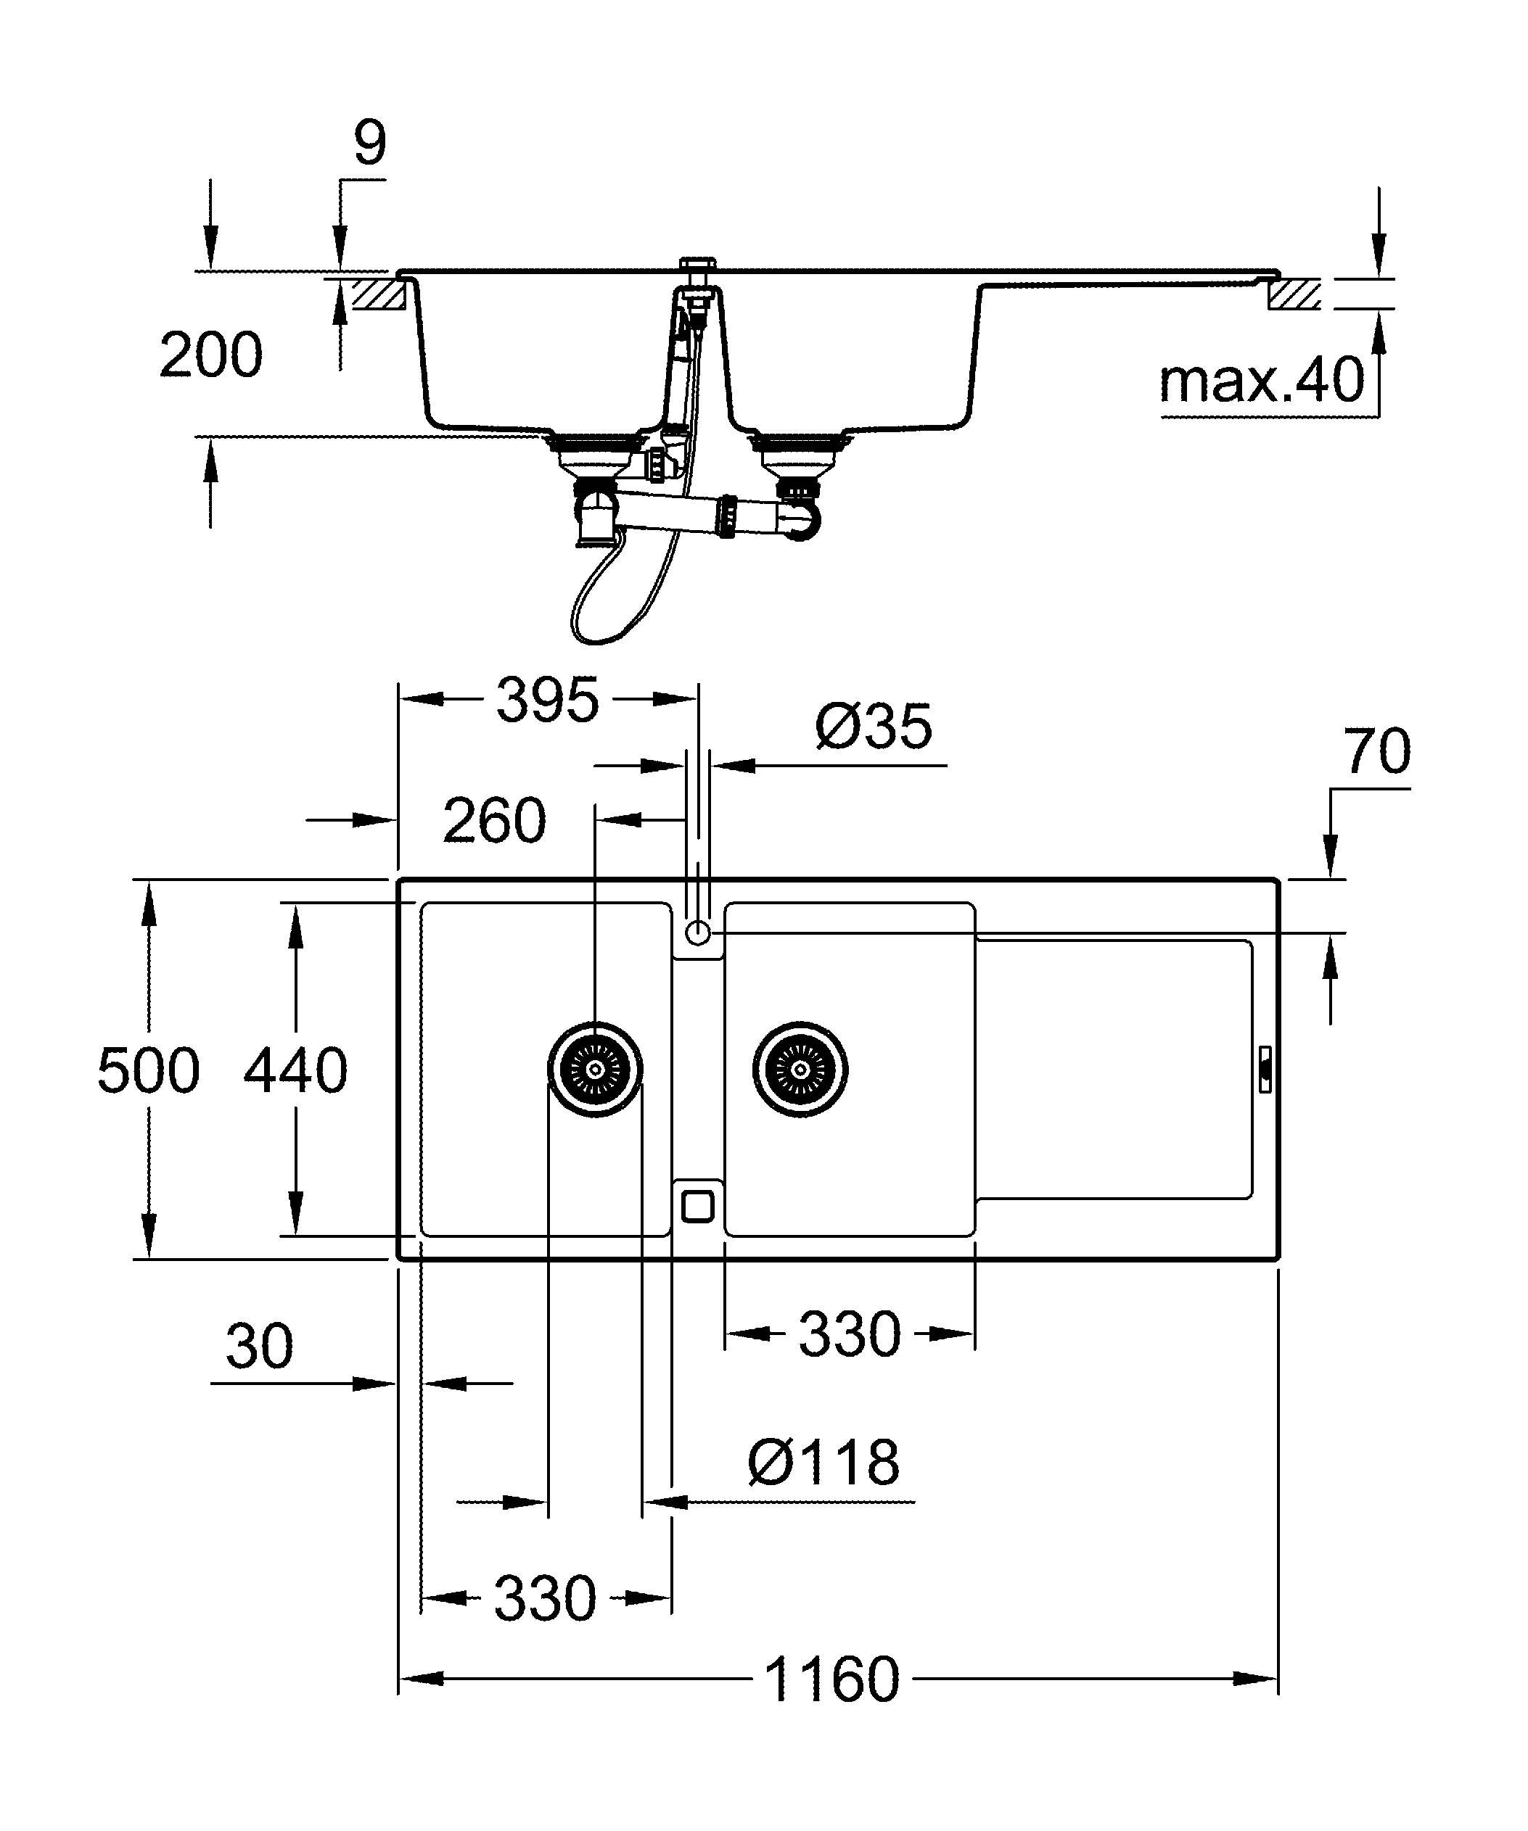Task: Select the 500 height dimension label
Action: (148, 1071)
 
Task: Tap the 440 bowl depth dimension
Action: (295, 1071)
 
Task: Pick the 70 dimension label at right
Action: (1376, 751)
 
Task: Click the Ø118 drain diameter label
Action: (823, 1463)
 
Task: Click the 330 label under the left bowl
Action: (545, 1598)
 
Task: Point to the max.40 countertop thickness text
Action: (1261, 381)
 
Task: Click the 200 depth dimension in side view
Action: (210, 355)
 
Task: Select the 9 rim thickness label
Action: (370, 144)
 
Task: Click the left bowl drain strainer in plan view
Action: (596, 1069)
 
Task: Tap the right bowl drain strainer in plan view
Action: (800, 1069)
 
